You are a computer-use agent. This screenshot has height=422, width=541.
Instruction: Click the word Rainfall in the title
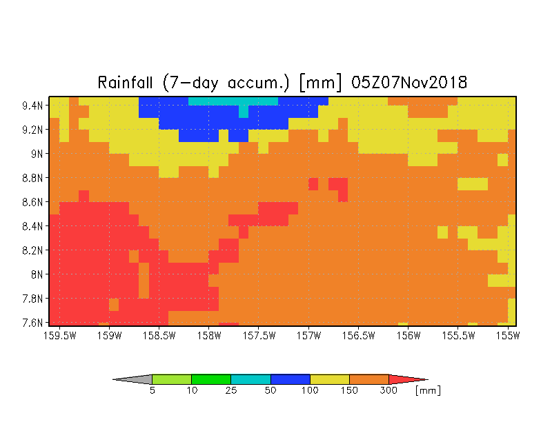pos(126,83)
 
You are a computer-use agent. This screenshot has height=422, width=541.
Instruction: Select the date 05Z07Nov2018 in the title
pos(409,83)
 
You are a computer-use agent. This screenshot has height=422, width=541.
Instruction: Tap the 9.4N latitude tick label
pos(32,105)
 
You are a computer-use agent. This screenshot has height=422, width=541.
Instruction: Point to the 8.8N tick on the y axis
pos(32,178)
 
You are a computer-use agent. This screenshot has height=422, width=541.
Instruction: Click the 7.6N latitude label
pos(32,323)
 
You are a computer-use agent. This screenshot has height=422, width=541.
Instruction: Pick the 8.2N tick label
pos(32,250)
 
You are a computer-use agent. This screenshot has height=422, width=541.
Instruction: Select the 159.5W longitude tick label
pos(59,335)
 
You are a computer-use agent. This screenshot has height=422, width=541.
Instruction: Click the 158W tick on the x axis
pos(208,335)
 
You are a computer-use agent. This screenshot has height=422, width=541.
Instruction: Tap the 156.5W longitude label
pos(358,335)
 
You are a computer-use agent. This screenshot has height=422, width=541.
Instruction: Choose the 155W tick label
pos(508,335)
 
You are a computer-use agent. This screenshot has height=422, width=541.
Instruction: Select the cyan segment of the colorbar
pos(250,379)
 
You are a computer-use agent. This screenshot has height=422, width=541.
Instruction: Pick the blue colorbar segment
pos(290,379)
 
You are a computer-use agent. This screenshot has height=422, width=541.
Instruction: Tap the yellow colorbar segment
pos(330,379)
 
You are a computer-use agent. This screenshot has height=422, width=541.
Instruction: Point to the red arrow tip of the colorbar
pos(428,379)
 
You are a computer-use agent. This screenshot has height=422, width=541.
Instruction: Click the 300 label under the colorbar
pos(388,390)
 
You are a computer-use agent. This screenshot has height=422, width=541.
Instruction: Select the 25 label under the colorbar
pos(230,390)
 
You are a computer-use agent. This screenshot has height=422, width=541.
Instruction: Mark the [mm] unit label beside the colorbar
pos(428,390)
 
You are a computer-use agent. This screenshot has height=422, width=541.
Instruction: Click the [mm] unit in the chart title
pos(320,83)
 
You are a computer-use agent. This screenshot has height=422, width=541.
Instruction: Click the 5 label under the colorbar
pos(152,390)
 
